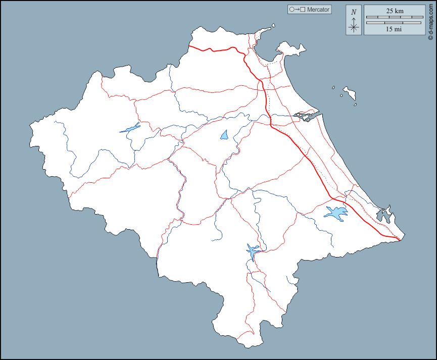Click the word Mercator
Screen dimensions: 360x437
[318, 10]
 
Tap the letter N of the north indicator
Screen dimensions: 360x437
[354, 12]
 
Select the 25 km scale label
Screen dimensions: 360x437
[395, 11]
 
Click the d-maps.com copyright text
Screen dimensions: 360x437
[430, 21]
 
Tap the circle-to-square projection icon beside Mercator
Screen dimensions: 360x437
[297, 10]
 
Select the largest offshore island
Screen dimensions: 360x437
[349, 92]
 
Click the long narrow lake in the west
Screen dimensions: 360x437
[130, 127]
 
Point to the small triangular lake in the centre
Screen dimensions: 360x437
[224, 135]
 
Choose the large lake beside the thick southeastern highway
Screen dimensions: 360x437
[336, 213]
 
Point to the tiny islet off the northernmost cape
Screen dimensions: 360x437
[273, 26]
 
